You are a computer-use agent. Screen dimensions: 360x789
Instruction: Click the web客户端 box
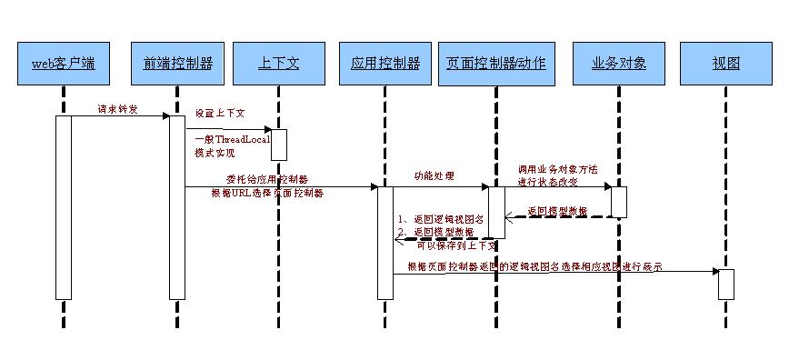click(64, 64)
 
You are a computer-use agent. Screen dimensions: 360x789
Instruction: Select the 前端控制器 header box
click(178, 64)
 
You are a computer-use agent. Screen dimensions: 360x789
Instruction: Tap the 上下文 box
click(278, 64)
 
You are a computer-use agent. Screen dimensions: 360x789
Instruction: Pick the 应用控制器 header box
click(385, 64)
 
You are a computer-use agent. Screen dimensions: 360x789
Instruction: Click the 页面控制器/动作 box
click(496, 64)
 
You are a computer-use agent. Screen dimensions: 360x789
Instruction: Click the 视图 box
click(726, 64)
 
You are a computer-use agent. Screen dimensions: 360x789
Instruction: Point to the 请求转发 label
click(119, 109)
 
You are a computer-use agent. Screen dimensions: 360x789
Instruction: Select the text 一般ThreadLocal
click(226, 138)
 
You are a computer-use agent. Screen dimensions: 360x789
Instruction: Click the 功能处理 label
click(434, 175)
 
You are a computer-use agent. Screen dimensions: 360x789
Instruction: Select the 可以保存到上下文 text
click(456, 245)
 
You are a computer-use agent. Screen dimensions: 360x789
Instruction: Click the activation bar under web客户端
click(64, 206)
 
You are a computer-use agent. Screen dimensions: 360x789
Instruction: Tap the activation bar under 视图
click(726, 283)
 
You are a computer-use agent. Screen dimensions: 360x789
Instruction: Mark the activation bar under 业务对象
click(618, 201)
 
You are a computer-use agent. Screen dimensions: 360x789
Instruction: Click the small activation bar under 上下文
click(279, 144)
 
